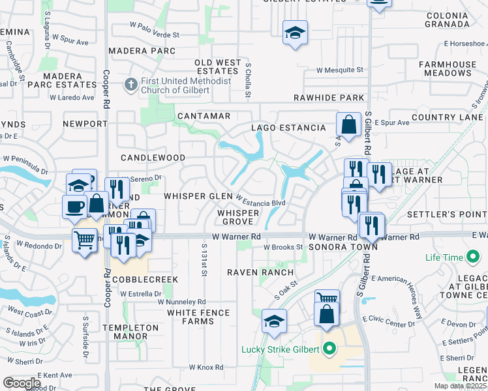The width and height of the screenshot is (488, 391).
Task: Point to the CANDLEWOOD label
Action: (x=153, y=158)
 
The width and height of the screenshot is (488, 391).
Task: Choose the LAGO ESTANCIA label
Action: (x=288, y=128)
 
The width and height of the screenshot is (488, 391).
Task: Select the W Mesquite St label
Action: (x=339, y=70)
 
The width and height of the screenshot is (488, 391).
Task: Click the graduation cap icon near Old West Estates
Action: (x=295, y=33)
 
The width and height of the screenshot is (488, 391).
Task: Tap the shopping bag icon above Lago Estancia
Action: (x=348, y=124)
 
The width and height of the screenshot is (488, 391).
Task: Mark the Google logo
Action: (x=22, y=383)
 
